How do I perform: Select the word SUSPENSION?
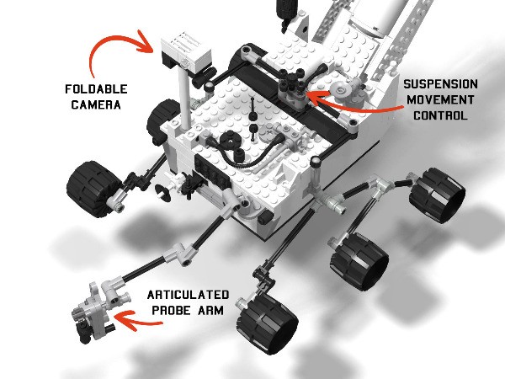441,85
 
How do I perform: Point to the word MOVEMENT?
441,100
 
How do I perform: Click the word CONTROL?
441,115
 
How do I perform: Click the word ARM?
211,310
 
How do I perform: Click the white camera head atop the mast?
181,51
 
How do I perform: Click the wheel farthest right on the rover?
436,195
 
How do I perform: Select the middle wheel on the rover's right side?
360,256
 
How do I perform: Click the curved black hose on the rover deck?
252,152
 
